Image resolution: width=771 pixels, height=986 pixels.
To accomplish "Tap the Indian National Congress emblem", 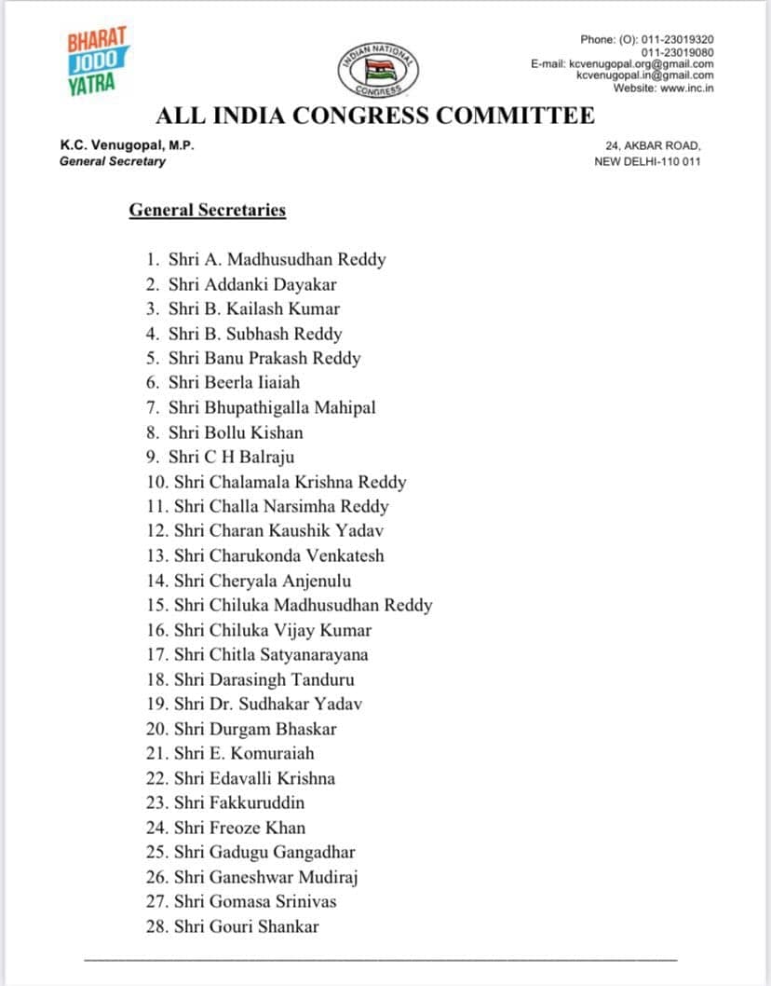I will (x=377, y=69).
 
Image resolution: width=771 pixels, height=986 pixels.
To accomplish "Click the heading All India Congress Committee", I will (x=374, y=116).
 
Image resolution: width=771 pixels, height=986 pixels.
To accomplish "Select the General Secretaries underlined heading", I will (x=207, y=210).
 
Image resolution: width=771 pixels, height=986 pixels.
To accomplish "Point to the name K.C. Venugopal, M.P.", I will (x=127, y=145).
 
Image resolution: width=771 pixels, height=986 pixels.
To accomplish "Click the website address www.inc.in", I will (x=686, y=88).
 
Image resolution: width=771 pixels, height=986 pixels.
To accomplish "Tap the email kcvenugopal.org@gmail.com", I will (x=642, y=63).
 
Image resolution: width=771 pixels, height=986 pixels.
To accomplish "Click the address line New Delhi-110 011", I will (x=647, y=161).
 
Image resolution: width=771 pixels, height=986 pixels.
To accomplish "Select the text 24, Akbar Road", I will (x=653, y=145).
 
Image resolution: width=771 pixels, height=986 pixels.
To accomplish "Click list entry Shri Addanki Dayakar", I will (x=252, y=284).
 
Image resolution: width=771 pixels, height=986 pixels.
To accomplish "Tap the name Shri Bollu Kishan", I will (x=236, y=432).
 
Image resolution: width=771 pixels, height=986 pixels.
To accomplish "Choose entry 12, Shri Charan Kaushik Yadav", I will (x=278, y=530).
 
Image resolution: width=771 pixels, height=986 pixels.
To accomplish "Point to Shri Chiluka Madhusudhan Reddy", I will (x=303, y=605).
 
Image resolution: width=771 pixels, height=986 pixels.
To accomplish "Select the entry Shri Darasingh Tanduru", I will (x=264, y=679).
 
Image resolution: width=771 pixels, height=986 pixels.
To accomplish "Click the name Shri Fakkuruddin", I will (x=239, y=802).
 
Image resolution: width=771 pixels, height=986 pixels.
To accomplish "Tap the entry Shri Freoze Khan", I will (x=239, y=828).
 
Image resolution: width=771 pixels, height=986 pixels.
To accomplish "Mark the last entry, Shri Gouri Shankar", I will (x=246, y=926).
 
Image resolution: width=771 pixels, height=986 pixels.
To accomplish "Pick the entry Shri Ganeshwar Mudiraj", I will (x=266, y=877).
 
